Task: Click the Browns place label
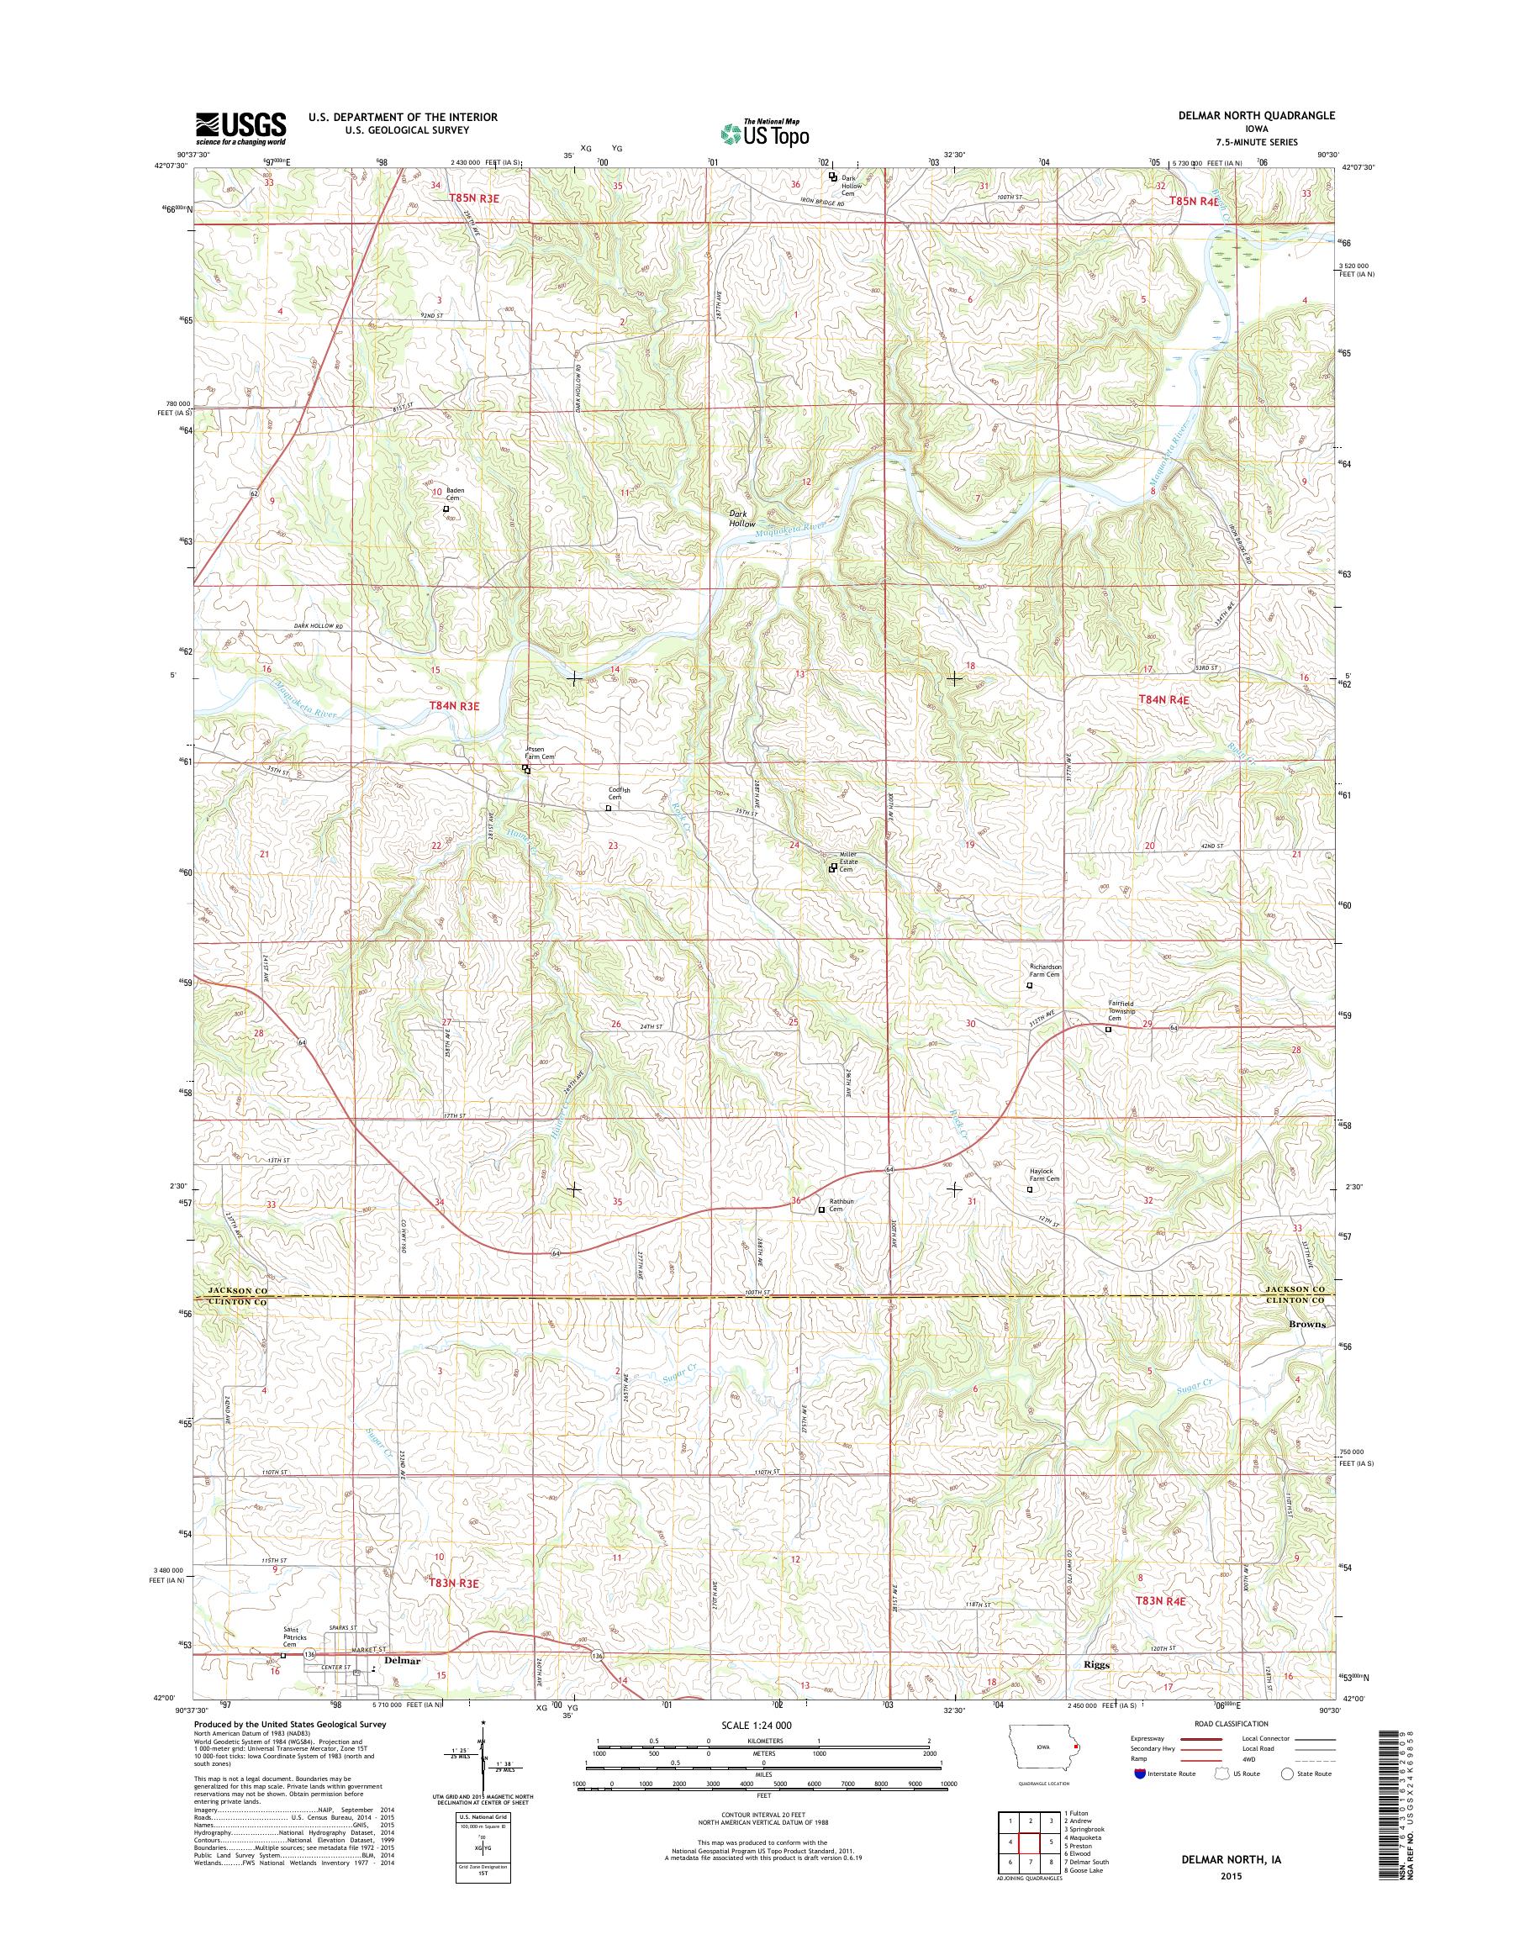pos(1307,1324)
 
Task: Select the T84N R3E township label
pos(454,706)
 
